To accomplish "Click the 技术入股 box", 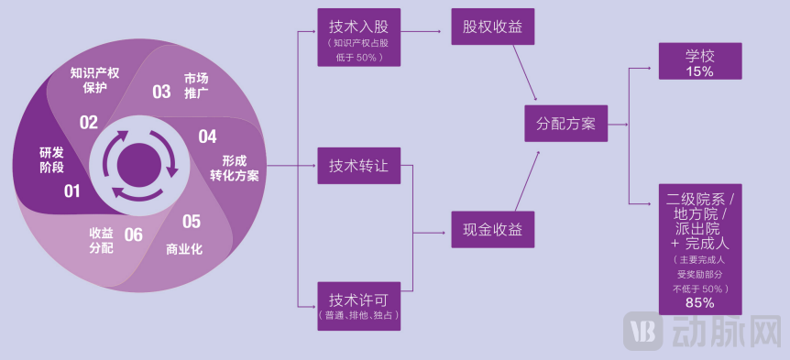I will click(358, 38).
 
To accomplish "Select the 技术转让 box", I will click(358, 167).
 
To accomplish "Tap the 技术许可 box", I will click(358, 306).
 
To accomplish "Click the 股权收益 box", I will click(492, 27).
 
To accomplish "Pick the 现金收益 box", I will click(492, 229).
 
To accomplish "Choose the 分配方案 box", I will click(565, 123).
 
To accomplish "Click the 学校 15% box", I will click(699, 61).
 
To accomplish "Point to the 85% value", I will click(699, 302).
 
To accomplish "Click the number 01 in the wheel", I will click(71, 191).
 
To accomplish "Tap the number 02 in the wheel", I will click(88, 122).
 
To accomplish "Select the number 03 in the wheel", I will click(161, 92).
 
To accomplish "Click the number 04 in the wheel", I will click(207, 136).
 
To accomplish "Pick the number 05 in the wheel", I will click(191, 221).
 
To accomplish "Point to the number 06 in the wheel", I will click(133, 235).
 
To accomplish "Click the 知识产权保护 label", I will click(94, 79).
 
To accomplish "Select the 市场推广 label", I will click(196, 85).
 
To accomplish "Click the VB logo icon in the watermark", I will click(642, 332).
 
